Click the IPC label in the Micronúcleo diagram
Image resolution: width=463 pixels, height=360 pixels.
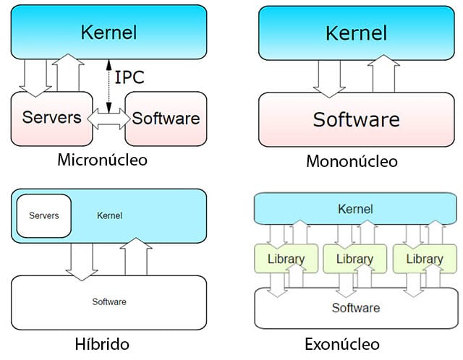coord(130,77)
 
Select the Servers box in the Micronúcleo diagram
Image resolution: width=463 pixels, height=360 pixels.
coord(51,117)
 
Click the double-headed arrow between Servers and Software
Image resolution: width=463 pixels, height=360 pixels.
coord(106,118)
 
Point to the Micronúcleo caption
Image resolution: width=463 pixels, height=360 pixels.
coord(102,160)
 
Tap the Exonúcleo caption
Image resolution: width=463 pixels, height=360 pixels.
coord(352,343)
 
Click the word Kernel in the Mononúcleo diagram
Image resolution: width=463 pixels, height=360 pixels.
coord(356,33)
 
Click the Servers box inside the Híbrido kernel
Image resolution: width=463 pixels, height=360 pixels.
coord(43,215)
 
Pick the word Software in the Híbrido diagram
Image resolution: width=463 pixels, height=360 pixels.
coord(109,301)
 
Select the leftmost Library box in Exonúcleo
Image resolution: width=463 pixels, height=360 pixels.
coord(286,259)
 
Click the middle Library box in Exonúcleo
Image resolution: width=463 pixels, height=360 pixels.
coord(354,259)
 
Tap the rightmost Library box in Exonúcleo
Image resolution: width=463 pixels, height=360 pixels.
coord(425,259)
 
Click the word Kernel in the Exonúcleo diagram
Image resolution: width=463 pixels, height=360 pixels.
coord(356,210)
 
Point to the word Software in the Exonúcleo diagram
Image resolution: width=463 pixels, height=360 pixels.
coord(356,308)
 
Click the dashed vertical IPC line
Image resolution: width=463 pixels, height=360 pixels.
coord(109,85)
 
